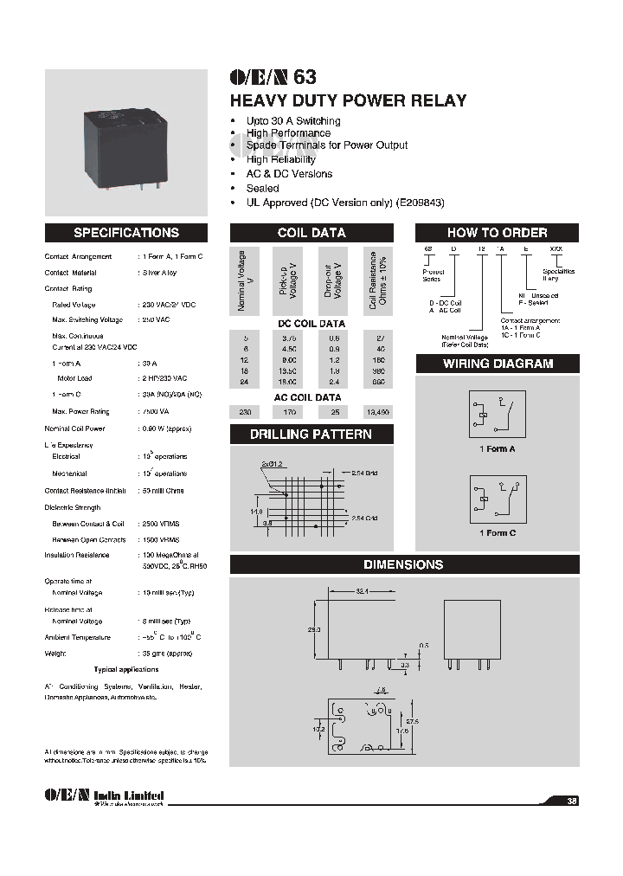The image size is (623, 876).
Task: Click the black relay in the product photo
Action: click(x=125, y=144)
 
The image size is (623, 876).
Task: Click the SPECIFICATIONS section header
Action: click(x=126, y=233)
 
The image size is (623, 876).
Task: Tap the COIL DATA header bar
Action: click(x=311, y=233)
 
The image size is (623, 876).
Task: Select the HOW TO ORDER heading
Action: click(x=497, y=233)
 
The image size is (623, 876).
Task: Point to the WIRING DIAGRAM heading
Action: click(x=497, y=364)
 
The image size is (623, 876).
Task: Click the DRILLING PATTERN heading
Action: click(x=311, y=435)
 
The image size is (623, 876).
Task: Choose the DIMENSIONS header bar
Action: click(x=404, y=564)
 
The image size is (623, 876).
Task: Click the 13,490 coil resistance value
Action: click(x=378, y=413)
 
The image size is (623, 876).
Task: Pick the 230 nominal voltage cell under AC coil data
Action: click(x=246, y=413)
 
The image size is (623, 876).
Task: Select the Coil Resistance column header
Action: click(x=378, y=280)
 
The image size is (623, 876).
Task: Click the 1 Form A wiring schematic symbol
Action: click(x=497, y=415)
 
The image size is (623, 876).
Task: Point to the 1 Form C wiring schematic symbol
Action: click(x=497, y=499)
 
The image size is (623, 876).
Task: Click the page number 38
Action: click(x=572, y=801)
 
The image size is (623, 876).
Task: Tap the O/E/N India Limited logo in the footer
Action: click(x=103, y=797)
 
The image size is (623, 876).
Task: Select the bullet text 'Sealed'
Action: click(x=262, y=188)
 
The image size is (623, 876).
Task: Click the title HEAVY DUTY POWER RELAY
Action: click(x=348, y=100)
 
